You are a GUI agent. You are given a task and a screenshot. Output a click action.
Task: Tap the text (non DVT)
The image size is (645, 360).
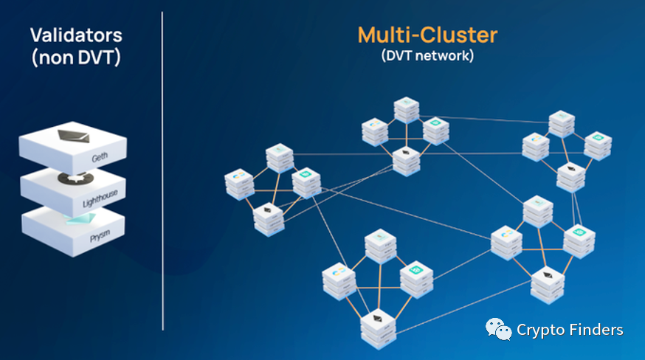pyautogui.click(x=76, y=58)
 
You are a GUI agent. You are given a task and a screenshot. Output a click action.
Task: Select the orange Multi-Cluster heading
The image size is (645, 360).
pyautogui.click(x=427, y=35)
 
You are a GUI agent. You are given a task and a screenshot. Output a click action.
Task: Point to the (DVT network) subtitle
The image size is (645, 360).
pyautogui.click(x=427, y=55)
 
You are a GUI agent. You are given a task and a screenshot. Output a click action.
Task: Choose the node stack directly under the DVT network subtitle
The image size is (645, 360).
pyautogui.click(x=407, y=108)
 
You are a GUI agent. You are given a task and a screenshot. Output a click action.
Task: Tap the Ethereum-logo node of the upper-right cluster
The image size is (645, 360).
pyautogui.click(x=570, y=176)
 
